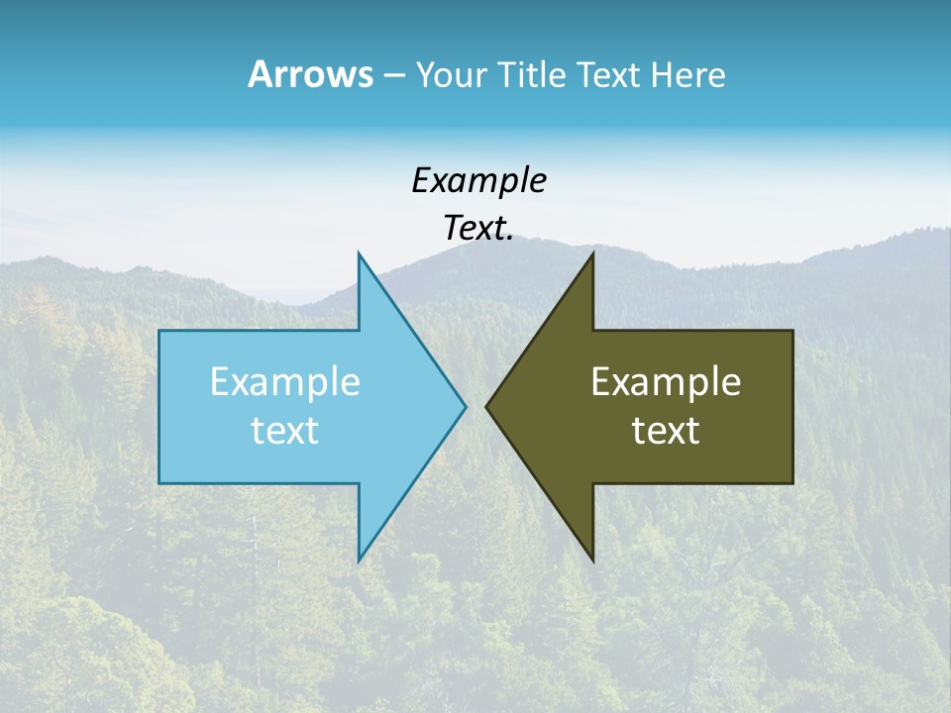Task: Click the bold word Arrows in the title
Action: [309, 74]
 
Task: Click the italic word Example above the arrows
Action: [478, 180]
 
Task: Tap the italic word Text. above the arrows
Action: [478, 228]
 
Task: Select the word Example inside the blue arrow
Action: [284, 382]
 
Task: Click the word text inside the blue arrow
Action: [284, 431]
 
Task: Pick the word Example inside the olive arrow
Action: [666, 382]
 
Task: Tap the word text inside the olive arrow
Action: [666, 431]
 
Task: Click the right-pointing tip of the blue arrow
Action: [465, 406]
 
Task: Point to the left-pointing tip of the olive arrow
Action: [487, 406]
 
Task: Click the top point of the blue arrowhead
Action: [359, 255]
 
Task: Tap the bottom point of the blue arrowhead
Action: [359, 560]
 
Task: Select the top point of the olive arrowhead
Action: [592, 255]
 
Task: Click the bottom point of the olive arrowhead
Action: [592, 560]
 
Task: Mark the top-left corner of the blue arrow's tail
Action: [159, 331]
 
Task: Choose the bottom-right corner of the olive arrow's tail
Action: [792, 483]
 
